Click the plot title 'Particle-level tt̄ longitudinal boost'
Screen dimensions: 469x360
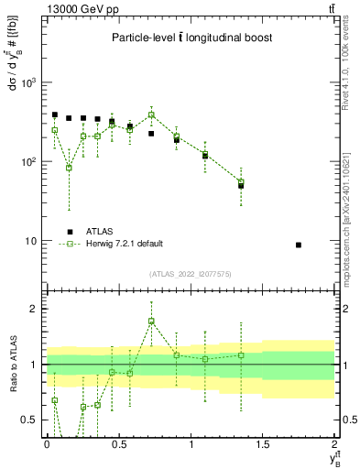pyautogui.click(x=191, y=38)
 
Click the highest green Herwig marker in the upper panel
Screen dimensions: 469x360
pyautogui.click(x=151, y=115)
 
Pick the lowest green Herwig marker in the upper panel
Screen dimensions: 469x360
pyautogui.click(x=69, y=168)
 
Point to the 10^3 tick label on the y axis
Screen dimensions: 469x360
pyautogui.click(x=31, y=82)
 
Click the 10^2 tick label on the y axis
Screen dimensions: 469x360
pyautogui.click(x=31, y=162)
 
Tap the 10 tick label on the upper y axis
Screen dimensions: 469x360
pyautogui.click(x=33, y=241)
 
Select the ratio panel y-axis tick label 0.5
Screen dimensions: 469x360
pyautogui.click(x=32, y=420)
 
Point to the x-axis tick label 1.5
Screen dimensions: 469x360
pyautogui.click(x=263, y=443)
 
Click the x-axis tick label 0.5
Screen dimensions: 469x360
pyautogui.click(x=118, y=443)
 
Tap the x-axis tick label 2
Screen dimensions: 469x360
pyautogui.click(x=334, y=443)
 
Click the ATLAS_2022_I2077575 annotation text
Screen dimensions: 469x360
pyautogui.click(x=191, y=273)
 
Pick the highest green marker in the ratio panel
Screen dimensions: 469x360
pyautogui.click(x=151, y=321)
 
